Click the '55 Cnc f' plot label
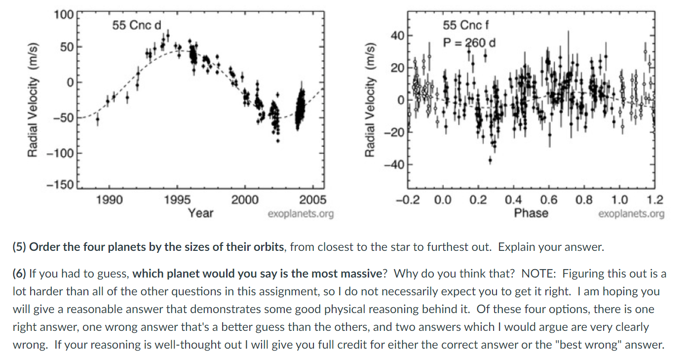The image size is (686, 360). pyautogui.click(x=466, y=25)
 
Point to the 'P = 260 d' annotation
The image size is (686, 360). pyautogui.click(x=469, y=42)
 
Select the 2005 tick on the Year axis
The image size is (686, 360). pyautogui.click(x=313, y=200)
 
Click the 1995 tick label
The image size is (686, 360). pyautogui.click(x=176, y=200)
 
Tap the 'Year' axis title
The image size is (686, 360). pyautogui.click(x=201, y=213)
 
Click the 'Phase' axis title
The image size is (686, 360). pyautogui.click(x=531, y=213)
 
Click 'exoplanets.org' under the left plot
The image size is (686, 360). pyautogui.click(x=301, y=214)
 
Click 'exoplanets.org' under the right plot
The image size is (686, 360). pyautogui.click(x=631, y=214)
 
